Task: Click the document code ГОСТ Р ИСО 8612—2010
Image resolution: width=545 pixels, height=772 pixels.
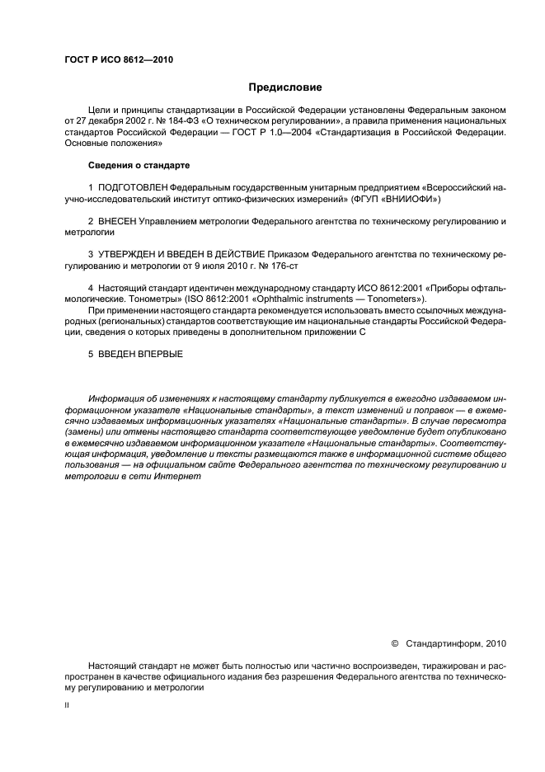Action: point(119,59)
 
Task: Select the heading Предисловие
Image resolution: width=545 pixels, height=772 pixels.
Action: point(285,87)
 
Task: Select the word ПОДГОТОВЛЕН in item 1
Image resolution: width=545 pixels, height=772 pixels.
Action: point(136,188)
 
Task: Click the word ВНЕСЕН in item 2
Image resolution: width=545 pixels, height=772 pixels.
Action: point(117,222)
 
